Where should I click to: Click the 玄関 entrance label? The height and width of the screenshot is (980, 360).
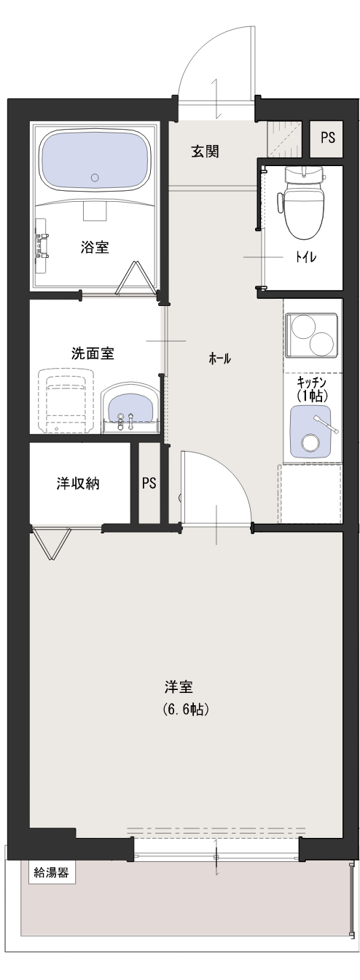[x=204, y=152]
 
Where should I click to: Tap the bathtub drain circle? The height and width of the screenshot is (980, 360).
[x=95, y=177]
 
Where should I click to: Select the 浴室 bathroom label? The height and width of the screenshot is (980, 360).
[x=95, y=247]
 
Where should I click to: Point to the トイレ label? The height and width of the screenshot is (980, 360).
[x=306, y=256]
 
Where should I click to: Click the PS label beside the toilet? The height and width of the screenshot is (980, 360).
[x=328, y=138]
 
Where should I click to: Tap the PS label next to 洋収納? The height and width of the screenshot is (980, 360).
[x=149, y=483]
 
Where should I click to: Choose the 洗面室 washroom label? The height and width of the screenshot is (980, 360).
[x=93, y=353]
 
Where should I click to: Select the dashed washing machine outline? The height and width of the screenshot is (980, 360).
[x=66, y=401]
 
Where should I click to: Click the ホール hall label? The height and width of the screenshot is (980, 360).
[x=219, y=359]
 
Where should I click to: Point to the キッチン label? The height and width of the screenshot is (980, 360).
[x=311, y=382]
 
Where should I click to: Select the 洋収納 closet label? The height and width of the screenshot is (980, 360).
[x=78, y=483]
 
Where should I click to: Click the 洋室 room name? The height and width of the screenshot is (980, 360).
[x=179, y=687]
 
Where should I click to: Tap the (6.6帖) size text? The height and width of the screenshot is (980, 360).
[x=185, y=709]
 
